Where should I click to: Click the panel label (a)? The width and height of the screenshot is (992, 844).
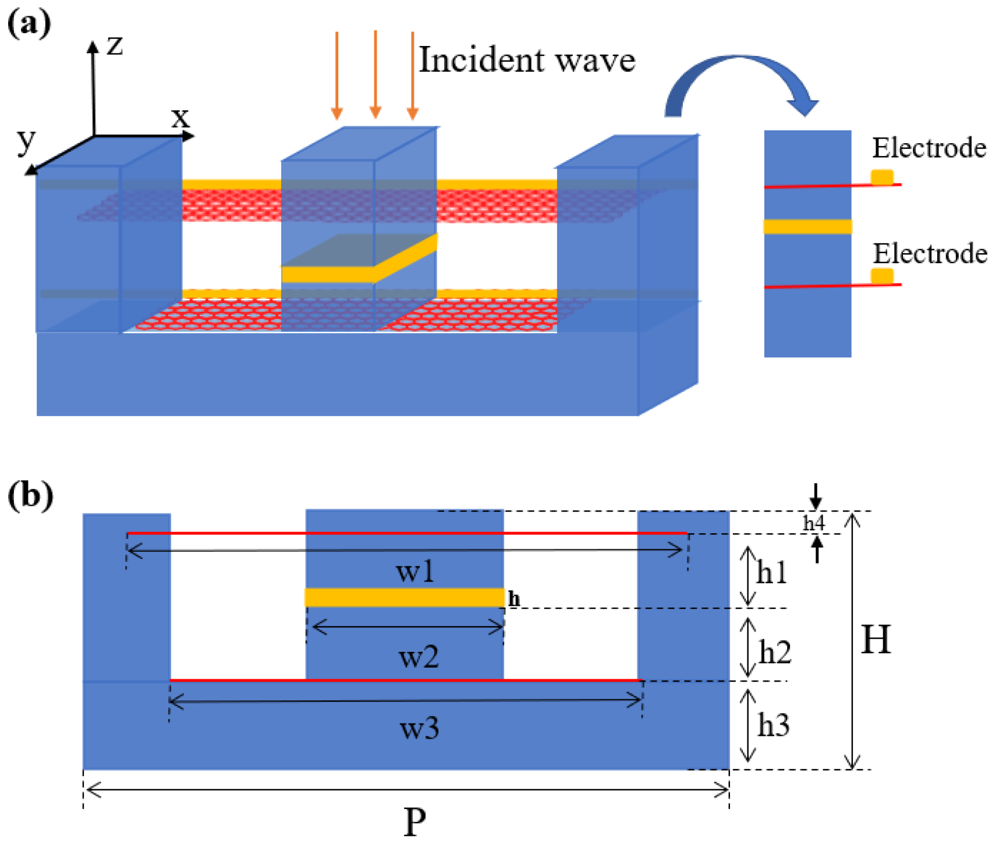29,24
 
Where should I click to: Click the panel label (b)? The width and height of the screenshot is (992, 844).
30,495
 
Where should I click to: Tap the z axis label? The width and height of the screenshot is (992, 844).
115,45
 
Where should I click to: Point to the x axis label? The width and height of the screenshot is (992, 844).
180,118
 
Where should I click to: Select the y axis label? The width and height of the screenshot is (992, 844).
26,141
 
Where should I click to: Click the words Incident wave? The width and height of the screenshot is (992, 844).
527,60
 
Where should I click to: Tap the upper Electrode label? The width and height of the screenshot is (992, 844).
929,148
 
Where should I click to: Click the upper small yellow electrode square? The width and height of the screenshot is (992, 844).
882,176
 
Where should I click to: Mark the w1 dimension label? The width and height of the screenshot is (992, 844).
415,572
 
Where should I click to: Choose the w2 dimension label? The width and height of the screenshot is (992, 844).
418,657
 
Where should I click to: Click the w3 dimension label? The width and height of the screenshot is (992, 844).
419,728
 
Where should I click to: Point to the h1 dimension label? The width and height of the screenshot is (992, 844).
772,573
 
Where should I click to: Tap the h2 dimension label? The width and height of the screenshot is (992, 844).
775,652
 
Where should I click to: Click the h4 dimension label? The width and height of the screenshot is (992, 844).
814,523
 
